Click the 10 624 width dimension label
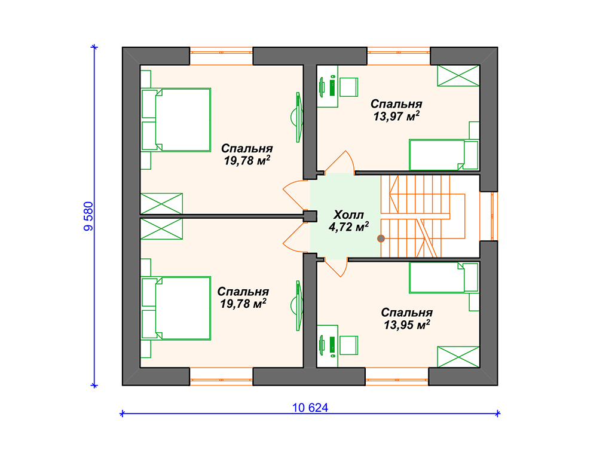coord(310,408)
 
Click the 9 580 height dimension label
coord(88,216)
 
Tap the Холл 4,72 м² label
coord(348,221)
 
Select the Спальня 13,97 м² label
coord(396,110)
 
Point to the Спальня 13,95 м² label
coord(406,318)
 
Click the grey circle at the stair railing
coord(381,238)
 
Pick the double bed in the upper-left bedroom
coord(176,120)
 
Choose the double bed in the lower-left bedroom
coord(176,308)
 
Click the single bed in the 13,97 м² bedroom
coord(444,155)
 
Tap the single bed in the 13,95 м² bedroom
coord(444,278)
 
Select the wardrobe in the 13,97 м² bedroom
coord(458,76)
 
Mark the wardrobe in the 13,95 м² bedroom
coord(458,357)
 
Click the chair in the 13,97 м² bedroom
coord(348,87)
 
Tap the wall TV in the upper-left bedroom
coord(297,117)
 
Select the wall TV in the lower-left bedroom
coord(297,305)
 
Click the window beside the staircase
coord(489,216)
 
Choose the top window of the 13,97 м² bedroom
coord(399,56)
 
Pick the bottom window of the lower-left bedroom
coord(221,377)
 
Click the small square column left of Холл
coord(310,216)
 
